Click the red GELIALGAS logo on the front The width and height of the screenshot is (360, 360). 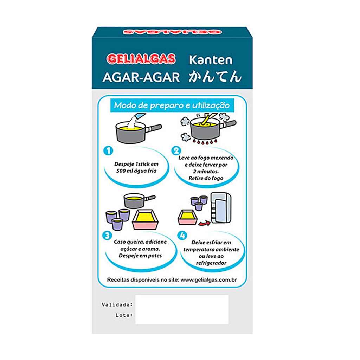click(141, 59)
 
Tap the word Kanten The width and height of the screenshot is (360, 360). click(211, 60)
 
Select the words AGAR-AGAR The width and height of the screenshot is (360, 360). click(141, 77)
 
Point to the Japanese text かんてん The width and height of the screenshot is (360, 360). click(215, 76)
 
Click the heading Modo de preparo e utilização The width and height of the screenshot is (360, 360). click(172, 105)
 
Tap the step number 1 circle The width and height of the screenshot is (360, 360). click(108, 151)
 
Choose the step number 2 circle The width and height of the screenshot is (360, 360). click(176, 151)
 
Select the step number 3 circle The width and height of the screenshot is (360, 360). click(107, 236)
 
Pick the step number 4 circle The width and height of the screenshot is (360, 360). click(182, 236)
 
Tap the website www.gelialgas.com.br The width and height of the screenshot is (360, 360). click(209, 280)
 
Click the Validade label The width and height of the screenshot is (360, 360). click(117, 305)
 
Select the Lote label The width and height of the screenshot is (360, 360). click(124, 315)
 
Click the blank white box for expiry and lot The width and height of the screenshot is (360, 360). click(182, 310)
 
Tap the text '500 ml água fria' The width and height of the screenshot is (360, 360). click(136, 171)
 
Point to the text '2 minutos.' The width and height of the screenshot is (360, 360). click(206, 172)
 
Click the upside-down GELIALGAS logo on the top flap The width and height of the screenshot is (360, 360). click(172, 32)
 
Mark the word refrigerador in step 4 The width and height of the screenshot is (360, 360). click(211, 263)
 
